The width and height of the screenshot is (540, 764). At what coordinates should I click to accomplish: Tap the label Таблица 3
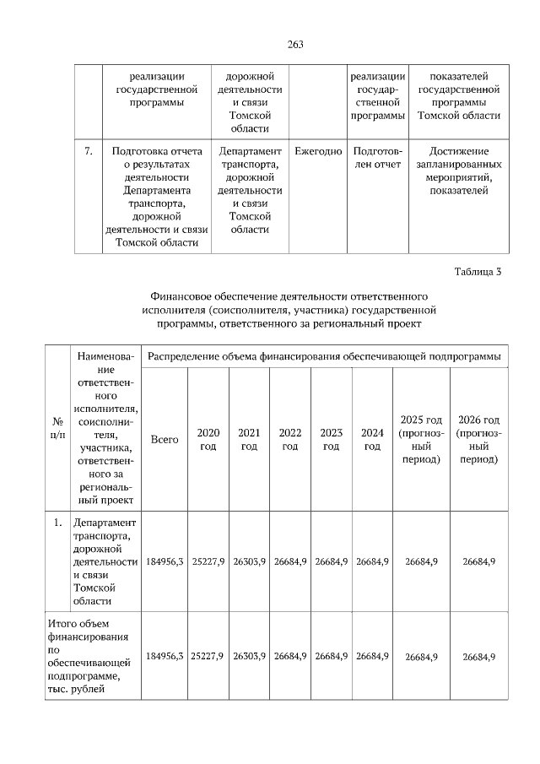478,271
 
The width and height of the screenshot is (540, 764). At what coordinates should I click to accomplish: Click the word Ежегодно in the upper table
318,151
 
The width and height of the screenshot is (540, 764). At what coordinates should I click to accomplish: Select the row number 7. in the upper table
88,151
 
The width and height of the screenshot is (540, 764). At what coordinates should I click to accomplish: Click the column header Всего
165,440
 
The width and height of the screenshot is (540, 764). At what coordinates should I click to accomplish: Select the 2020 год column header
208,439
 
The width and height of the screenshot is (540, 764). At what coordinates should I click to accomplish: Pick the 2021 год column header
249,439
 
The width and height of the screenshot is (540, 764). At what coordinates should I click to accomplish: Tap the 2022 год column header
290,439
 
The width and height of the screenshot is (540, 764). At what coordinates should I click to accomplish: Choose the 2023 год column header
331,439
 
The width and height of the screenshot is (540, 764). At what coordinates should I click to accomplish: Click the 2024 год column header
372,439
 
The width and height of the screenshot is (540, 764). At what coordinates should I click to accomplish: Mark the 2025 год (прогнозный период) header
421,440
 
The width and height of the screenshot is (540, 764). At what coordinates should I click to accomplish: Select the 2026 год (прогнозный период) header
478,440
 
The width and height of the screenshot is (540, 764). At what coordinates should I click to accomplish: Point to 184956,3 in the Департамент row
165,561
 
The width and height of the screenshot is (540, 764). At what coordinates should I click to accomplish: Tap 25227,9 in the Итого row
208,656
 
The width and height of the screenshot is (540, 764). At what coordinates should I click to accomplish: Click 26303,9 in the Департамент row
249,561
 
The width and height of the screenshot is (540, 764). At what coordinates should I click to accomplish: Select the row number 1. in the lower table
58,523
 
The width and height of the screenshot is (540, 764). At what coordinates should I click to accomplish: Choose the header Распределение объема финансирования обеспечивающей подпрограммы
324,357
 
